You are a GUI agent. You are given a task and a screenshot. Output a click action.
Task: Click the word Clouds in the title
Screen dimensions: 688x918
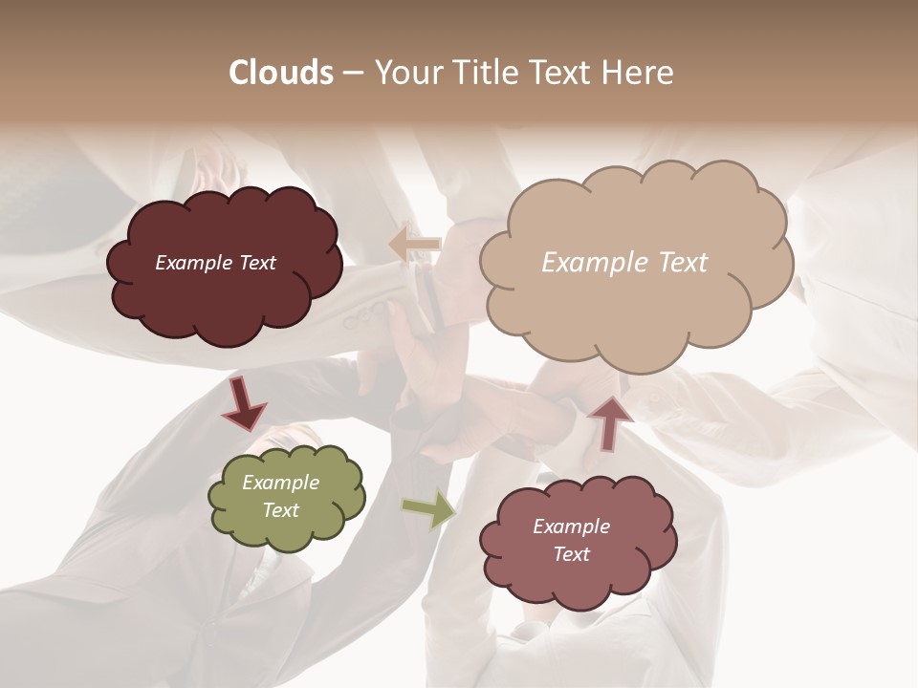pyautogui.click(x=281, y=73)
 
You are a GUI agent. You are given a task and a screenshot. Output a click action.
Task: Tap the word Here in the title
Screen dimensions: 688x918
pyautogui.click(x=639, y=73)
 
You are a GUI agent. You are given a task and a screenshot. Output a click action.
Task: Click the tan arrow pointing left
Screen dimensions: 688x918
pyautogui.click(x=415, y=244)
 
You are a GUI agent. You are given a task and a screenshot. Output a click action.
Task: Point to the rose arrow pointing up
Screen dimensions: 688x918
pyautogui.click(x=610, y=422)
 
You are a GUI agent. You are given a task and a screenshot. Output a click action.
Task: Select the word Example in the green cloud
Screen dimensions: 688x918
pyautogui.click(x=280, y=483)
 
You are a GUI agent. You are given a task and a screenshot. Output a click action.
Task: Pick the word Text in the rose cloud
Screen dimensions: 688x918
pyautogui.click(x=571, y=554)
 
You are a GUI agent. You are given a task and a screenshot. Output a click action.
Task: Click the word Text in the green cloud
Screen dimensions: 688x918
pyautogui.click(x=280, y=510)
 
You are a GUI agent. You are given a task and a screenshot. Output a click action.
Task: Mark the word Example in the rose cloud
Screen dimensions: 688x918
pyautogui.click(x=571, y=527)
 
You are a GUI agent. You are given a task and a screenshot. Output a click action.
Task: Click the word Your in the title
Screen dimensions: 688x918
pyautogui.click(x=404, y=73)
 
